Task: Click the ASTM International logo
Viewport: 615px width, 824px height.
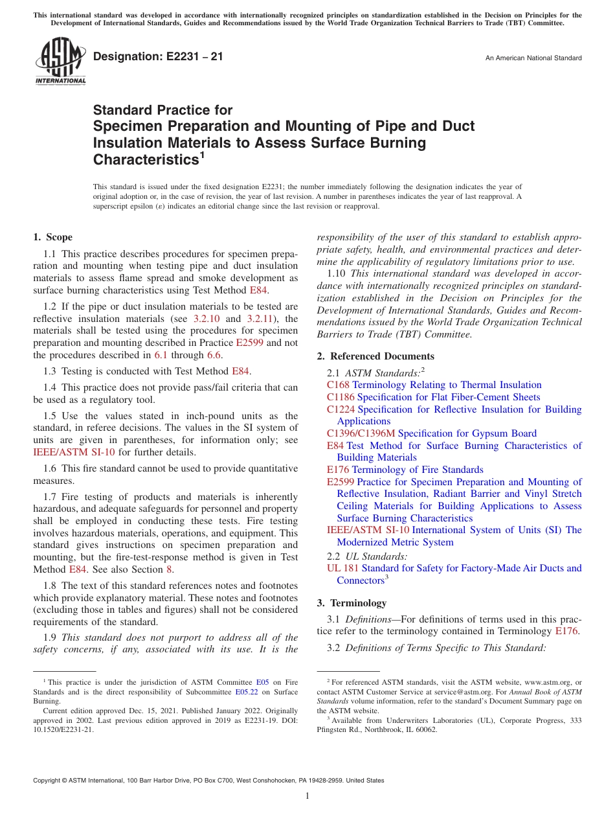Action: (x=60, y=61)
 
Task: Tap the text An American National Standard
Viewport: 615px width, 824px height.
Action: (x=533, y=58)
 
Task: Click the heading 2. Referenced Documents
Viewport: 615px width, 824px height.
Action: (x=375, y=356)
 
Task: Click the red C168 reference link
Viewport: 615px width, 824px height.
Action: (x=338, y=385)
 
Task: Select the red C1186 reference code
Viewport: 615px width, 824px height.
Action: (x=341, y=397)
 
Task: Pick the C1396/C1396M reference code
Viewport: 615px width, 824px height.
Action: (x=361, y=433)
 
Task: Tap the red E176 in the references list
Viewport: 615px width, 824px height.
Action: (x=338, y=470)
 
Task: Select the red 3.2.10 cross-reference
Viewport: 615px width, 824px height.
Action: (x=207, y=319)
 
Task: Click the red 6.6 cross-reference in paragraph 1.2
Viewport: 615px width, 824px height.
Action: (x=214, y=355)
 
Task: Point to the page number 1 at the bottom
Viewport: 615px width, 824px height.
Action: (x=307, y=796)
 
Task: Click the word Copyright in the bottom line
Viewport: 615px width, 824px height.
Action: (x=48, y=781)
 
